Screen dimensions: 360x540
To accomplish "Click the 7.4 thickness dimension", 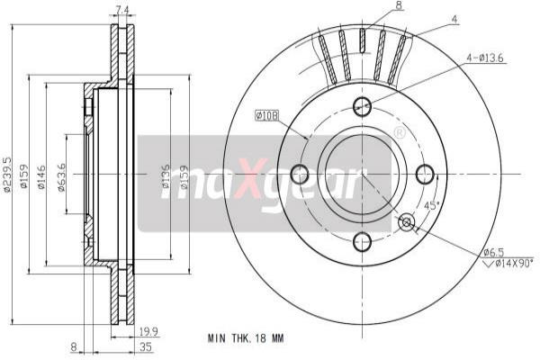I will pos(123,11).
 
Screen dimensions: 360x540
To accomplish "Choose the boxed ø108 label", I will pos(268,115).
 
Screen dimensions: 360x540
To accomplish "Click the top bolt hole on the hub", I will pos(363,106).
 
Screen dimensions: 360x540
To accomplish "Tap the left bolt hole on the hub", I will pos(300,173).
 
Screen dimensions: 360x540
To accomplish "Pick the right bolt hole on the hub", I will pos(426,173).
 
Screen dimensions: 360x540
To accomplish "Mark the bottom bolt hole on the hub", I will pos(363,240).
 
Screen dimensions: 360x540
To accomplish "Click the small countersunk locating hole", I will pos(406,220).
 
